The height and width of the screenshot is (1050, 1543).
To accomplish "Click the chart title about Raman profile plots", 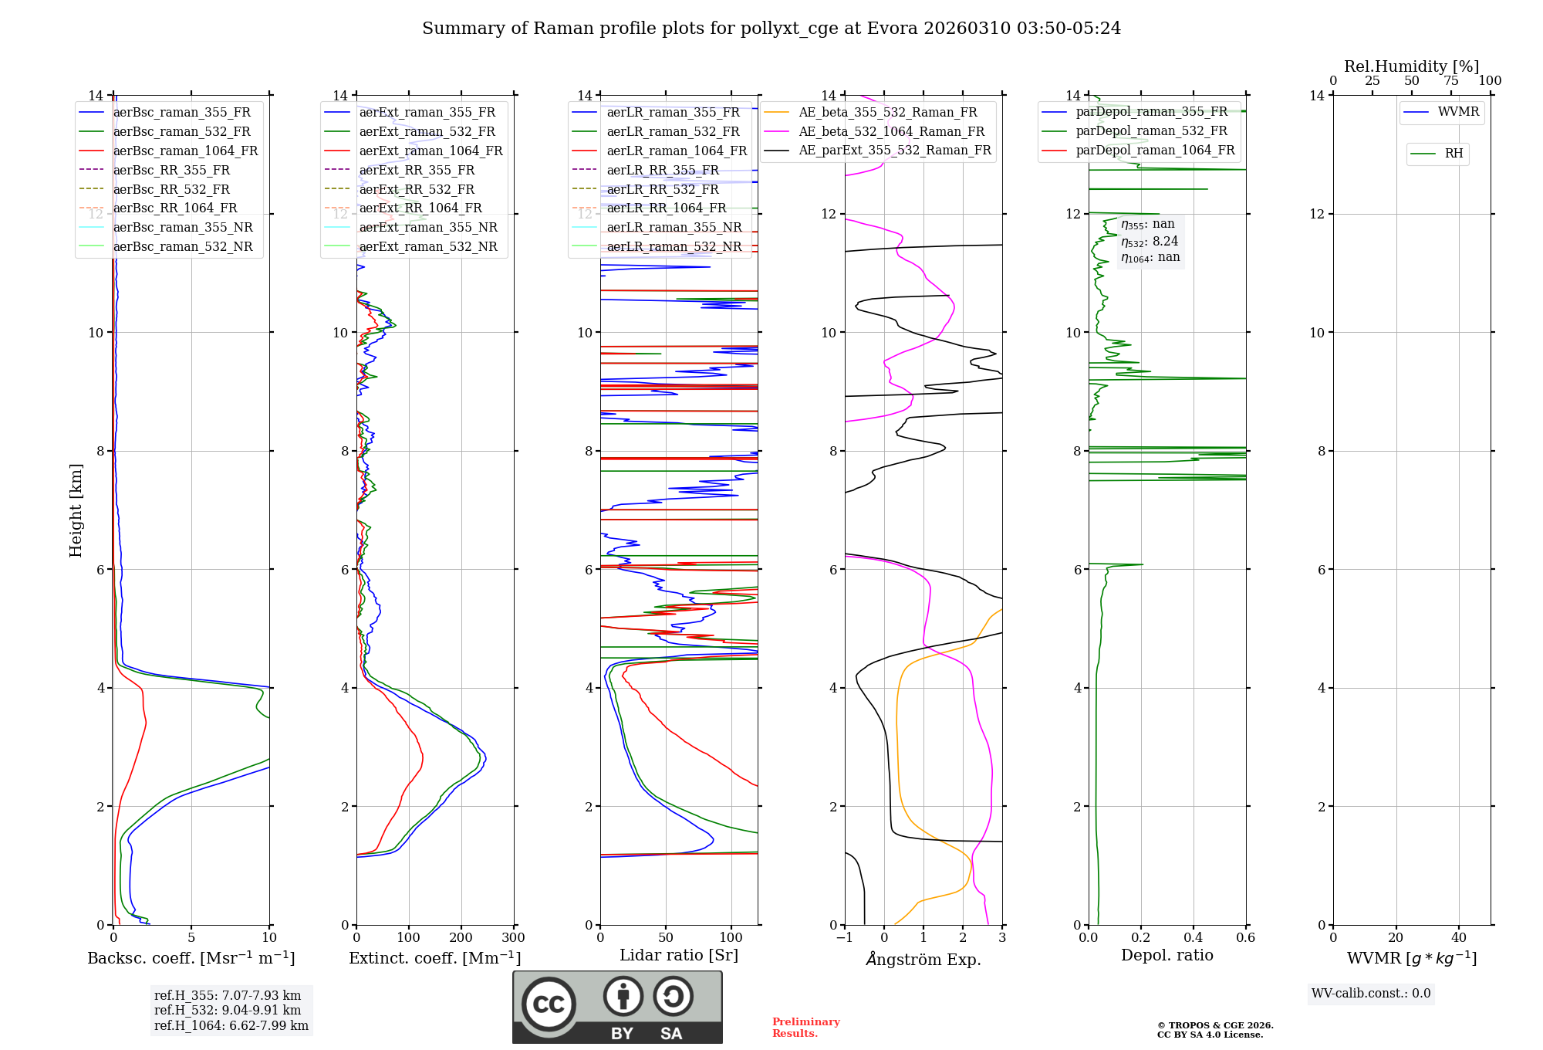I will [x=771, y=29].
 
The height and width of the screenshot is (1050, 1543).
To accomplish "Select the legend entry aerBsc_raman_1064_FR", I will [x=185, y=151].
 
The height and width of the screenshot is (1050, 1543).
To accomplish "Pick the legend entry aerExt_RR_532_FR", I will [x=417, y=189].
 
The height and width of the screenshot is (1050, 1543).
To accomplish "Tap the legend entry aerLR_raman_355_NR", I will [x=674, y=227].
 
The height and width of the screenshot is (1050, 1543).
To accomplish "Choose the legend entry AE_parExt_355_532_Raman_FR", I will [x=894, y=150].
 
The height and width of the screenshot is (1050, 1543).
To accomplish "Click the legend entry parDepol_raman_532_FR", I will [x=1151, y=130].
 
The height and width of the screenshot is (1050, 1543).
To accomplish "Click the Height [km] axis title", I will [x=76, y=510].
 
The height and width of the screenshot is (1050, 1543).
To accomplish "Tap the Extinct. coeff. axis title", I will [x=434, y=958].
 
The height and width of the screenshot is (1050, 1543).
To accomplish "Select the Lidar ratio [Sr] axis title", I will [x=678, y=955].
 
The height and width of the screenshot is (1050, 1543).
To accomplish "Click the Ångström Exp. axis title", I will [x=923, y=960].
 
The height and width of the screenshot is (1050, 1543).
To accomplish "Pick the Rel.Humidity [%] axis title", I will [x=1411, y=66].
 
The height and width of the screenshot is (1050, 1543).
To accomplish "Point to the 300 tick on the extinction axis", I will [x=513, y=938].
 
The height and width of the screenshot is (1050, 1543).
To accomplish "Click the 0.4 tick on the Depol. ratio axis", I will [x=1193, y=938].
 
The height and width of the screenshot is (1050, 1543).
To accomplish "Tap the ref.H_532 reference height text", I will [x=228, y=1010].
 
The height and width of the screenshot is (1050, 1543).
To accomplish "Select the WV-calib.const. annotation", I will [x=1371, y=994].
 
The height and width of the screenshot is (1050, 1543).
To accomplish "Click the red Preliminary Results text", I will [x=805, y=1028].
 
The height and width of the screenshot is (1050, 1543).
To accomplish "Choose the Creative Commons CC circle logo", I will [x=549, y=1004].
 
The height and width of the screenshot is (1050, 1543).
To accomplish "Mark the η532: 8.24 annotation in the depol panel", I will [x=1150, y=242].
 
